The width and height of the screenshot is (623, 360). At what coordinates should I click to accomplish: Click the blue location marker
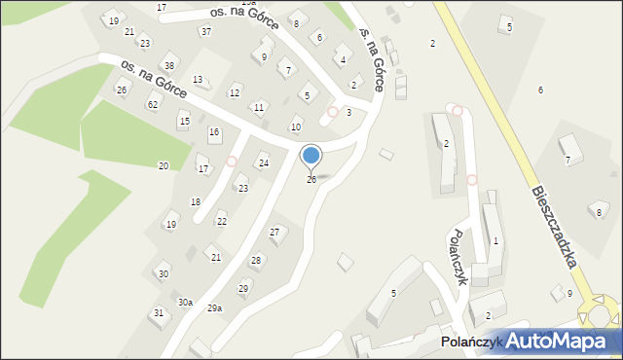point(311,157)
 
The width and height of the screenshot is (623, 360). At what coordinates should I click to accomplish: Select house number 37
point(205,31)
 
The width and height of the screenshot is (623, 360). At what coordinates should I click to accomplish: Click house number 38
point(169,66)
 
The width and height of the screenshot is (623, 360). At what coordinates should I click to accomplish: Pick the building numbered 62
point(152,103)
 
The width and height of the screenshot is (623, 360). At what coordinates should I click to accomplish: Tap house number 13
point(198,80)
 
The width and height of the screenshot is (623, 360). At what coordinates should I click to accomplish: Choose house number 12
point(234,92)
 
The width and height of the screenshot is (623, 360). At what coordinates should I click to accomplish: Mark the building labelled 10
point(296,127)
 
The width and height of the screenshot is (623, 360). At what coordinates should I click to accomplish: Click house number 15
point(184,121)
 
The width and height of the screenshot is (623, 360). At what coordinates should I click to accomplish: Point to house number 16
point(214,131)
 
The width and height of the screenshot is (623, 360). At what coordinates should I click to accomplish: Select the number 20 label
point(164,165)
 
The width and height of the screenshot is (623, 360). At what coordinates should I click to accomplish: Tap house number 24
point(263,162)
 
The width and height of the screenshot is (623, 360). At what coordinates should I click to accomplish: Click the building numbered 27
point(275,232)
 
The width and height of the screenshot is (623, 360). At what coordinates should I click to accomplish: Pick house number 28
point(256,260)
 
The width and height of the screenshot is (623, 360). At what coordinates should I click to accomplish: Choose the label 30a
point(185,302)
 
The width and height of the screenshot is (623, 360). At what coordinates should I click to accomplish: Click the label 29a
point(214,307)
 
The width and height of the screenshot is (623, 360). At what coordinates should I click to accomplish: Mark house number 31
point(159,312)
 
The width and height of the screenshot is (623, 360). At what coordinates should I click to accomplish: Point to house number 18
point(195,201)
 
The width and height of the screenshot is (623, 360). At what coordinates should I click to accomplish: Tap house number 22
point(222,222)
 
